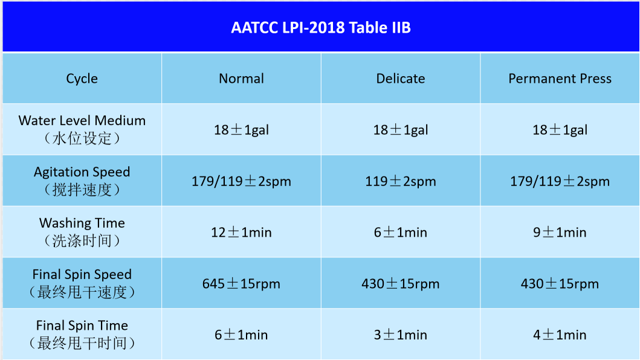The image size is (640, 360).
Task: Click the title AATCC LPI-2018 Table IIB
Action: pyautogui.click(x=321, y=28)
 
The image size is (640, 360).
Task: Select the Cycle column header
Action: pyautogui.click(x=82, y=79)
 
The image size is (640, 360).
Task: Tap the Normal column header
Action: pyautogui.click(x=241, y=79)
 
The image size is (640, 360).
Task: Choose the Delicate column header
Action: pyautogui.click(x=401, y=79)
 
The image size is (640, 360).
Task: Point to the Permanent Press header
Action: pyautogui.click(x=560, y=79)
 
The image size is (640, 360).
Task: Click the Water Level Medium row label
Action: pyautogui.click(x=82, y=129)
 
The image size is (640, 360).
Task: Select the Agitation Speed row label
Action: pyautogui.click(x=82, y=181)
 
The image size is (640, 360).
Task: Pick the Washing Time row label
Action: pyautogui.click(x=82, y=232)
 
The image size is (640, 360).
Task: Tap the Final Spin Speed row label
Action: pyautogui.click(x=82, y=283)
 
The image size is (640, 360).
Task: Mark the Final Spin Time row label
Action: pyautogui.click(x=82, y=334)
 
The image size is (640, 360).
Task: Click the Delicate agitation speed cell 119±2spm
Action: pyautogui.click(x=401, y=181)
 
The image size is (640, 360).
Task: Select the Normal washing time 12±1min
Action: pyautogui.click(x=241, y=232)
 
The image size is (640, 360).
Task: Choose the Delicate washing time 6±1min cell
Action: pyautogui.click(x=401, y=232)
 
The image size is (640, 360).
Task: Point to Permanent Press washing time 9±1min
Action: pyautogui.click(x=560, y=232)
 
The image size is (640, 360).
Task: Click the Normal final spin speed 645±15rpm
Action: pyautogui.click(x=241, y=284)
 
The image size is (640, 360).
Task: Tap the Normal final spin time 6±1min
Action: pyautogui.click(x=241, y=335)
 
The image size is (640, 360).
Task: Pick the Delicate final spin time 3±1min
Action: pyautogui.click(x=401, y=335)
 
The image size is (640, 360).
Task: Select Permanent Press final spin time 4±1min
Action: pyautogui.click(x=560, y=335)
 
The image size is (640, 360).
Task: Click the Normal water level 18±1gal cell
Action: pyautogui.click(x=241, y=130)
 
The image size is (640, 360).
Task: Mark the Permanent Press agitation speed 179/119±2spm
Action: pyautogui.click(x=560, y=181)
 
